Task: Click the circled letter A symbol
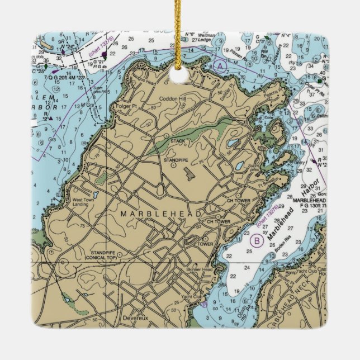pos(220,67)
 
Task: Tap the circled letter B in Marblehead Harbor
pos(257,241)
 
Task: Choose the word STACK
pos(178,140)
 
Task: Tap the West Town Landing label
pos(84,202)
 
